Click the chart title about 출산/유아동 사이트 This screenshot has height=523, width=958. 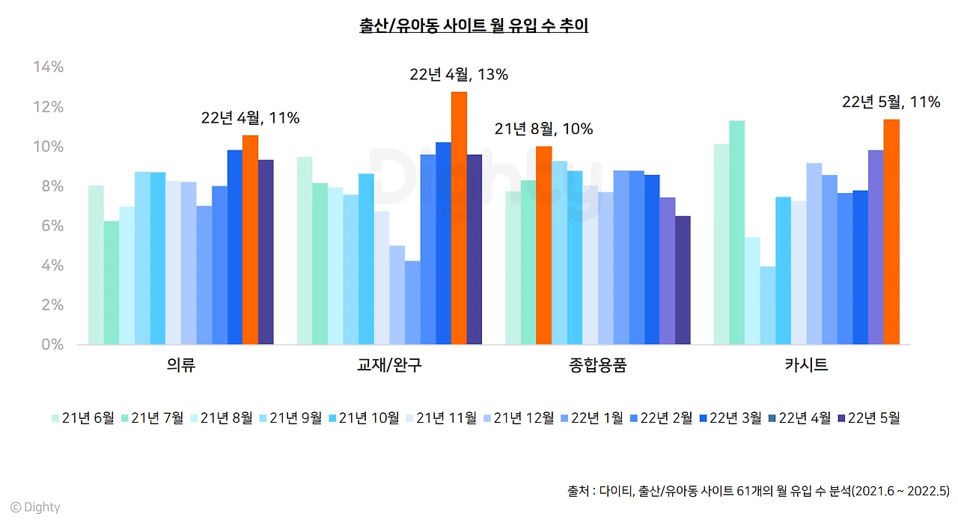[474, 27]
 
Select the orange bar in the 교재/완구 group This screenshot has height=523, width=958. [459, 218]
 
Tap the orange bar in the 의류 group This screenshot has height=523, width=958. [250, 240]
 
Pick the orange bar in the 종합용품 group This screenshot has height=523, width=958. [543, 245]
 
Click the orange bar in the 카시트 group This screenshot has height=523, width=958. [891, 232]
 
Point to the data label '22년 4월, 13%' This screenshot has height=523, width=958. [459, 75]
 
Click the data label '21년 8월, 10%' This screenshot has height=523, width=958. [543, 129]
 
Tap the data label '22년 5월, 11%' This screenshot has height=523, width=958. [891, 103]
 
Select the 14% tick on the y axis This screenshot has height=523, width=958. [49, 67]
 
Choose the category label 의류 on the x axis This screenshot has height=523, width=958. [181, 366]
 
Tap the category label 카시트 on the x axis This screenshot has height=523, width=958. [806, 366]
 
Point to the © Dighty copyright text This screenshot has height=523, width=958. [35, 507]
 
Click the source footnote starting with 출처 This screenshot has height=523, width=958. [758, 492]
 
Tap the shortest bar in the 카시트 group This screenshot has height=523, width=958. [767, 305]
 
